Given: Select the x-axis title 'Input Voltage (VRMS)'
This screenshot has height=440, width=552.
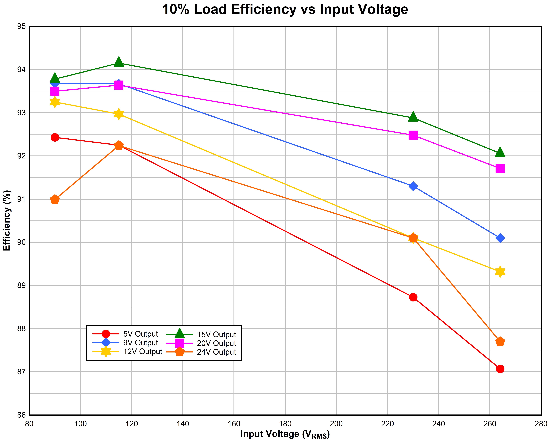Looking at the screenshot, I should pyautogui.click(x=285, y=434).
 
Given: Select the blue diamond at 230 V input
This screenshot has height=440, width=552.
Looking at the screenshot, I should pyautogui.click(x=413, y=186).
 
